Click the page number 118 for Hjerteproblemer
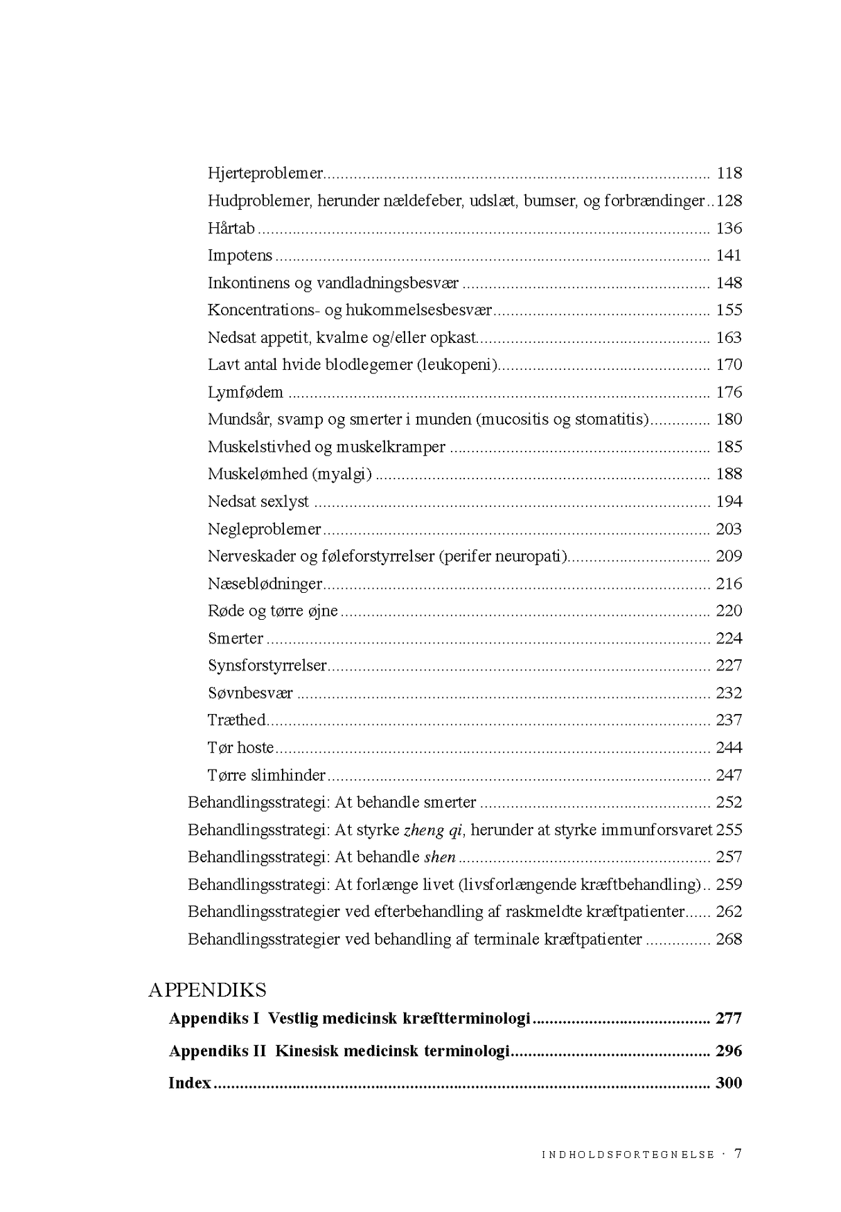(729, 173)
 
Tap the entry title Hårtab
(231, 228)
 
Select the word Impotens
(240, 256)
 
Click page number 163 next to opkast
(729, 337)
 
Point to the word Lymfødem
(245, 392)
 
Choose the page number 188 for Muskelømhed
(729, 474)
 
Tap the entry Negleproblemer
(264, 529)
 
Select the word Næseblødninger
(265, 584)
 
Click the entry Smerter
(236, 639)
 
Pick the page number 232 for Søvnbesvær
(729, 693)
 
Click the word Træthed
(236, 720)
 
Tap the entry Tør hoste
(240, 748)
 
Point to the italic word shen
(440, 857)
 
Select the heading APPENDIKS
(207, 990)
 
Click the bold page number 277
(729, 1019)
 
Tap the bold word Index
(189, 1083)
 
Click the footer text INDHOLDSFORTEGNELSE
(628, 1155)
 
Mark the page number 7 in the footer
(738, 1153)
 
